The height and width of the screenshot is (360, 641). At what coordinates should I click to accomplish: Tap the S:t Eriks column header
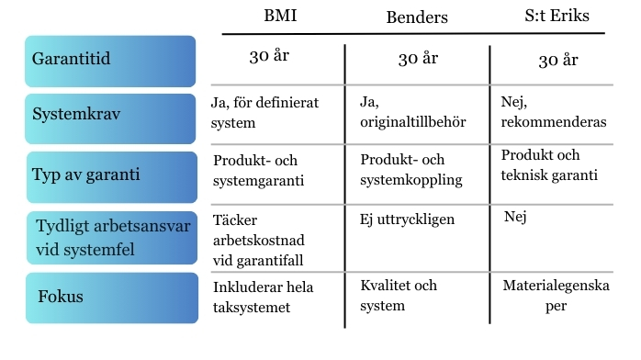click(556, 17)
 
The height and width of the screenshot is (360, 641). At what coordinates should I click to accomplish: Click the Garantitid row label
click(111, 61)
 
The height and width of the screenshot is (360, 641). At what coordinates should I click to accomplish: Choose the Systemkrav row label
click(111, 118)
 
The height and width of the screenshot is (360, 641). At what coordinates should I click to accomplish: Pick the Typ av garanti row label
click(111, 176)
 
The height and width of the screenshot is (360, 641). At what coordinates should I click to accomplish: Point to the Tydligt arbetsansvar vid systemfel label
click(111, 238)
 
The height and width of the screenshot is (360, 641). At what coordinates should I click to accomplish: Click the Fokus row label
click(111, 298)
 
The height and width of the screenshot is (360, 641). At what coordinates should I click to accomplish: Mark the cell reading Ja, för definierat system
click(264, 112)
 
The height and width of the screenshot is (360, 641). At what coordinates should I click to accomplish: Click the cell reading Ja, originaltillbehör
click(409, 112)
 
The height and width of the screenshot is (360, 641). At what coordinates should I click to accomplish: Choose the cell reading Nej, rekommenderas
click(554, 112)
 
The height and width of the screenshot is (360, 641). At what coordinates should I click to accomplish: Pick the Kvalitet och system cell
click(399, 295)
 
